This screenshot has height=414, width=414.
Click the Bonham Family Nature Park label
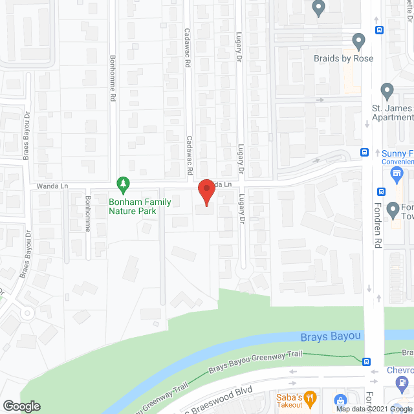coord(140,206)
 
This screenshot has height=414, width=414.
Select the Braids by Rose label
coord(343,59)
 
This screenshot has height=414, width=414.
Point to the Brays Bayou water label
coord(330,337)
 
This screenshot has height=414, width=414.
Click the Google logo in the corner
coord(21,406)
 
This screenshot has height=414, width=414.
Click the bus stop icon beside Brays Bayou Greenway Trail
coord(367,362)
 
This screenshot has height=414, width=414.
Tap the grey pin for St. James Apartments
coord(387,90)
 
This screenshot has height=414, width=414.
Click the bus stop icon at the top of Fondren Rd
coord(380,29)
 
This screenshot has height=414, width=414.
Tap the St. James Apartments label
coord(392,113)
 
